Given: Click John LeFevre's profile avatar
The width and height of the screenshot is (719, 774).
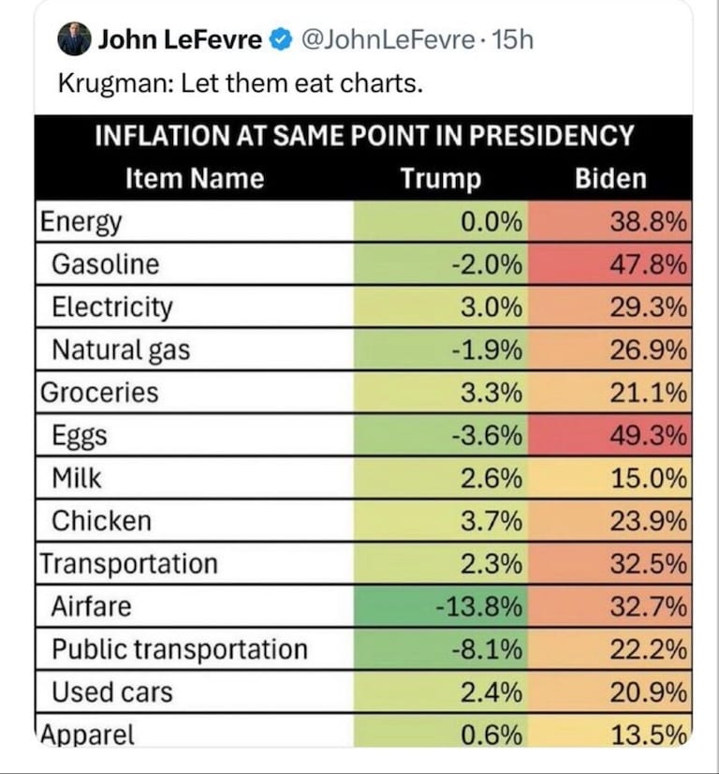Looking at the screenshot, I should point(74,39).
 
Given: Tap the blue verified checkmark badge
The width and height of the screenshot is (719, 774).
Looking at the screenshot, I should point(279,39).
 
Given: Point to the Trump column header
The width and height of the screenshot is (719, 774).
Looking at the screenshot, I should point(441,178).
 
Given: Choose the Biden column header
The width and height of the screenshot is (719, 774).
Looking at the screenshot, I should point(611,178).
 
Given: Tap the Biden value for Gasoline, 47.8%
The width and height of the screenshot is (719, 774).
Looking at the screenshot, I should point(649,264).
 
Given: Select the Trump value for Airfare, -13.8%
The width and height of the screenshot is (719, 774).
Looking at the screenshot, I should point(478,606).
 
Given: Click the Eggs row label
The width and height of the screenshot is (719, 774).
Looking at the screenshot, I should point(80,436).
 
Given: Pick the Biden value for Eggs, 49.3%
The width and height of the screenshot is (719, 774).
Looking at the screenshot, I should point(649,436).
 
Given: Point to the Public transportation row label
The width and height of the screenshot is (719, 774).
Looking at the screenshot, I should point(179,649).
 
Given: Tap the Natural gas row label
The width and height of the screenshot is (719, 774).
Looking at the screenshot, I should point(121,350).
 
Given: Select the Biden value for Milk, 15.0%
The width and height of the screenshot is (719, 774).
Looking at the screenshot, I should point(649,478).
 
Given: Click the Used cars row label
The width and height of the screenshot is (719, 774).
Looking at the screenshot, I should point(112,692).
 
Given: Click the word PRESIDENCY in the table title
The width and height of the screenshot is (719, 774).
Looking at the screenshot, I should point(551,135).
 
